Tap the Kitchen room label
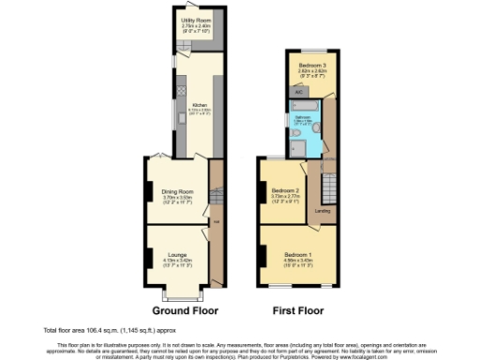point(199,105)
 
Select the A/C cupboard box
point(298,92)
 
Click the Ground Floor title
point(179,308)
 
